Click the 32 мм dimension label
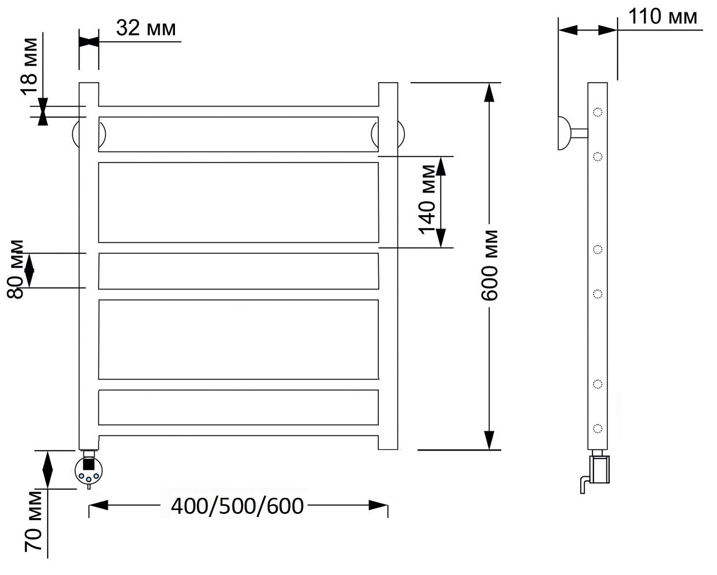point(146,28)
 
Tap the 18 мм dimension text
point(30,67)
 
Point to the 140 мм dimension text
point(427,200)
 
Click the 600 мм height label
point(489,265)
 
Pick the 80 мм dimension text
point(16,269)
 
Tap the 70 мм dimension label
point(33,521)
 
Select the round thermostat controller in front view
point(89,470)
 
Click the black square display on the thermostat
point(89,464)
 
